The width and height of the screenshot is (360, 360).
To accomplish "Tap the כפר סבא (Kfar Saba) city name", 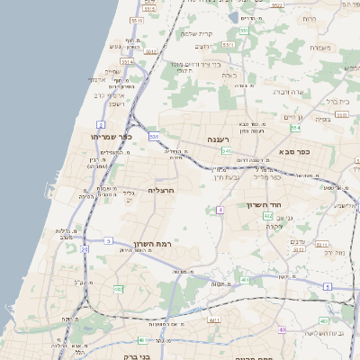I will tap(295, 151).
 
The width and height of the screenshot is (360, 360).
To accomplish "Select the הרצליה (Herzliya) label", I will tap(159, 191).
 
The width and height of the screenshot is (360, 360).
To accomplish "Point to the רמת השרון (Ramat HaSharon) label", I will tap(170, 245).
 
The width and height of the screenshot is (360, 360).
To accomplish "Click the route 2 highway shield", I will tap(100, 124).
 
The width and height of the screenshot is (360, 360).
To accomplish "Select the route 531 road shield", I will tap(154, 137).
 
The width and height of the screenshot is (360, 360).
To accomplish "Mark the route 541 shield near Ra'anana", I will tap(226, 151).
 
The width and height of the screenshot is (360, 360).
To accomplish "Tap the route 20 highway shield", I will tap(85, 249).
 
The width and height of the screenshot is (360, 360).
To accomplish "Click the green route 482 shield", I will tap(118, 290).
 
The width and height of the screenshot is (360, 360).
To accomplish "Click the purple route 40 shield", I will tap(282, 329).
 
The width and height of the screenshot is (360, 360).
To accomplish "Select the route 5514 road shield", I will tap(127, 61).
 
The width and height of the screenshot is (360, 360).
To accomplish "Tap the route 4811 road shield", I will tap(213, 319).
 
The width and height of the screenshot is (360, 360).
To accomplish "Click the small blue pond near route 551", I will tap(233, 17).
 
